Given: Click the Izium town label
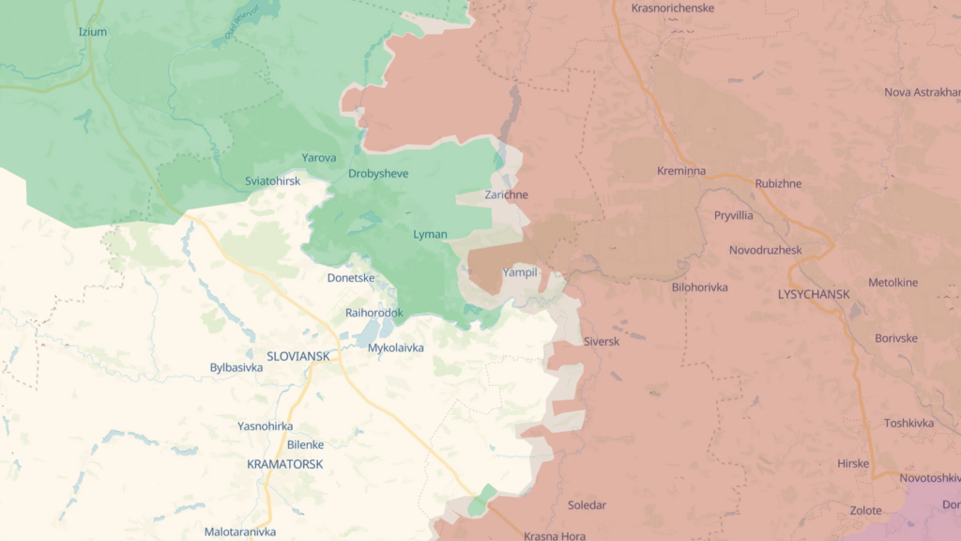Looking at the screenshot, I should [93, 32].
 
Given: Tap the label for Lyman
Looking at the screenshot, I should [430, 234].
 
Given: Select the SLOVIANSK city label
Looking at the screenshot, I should [298, 356].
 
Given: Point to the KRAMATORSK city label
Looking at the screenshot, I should [284, 464].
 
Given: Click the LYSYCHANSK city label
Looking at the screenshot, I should [814, 294].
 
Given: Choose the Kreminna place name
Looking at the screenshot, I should [681, 172].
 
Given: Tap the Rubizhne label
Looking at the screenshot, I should [778, 183].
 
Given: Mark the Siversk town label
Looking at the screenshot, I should [602, 341].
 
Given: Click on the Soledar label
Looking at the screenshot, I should [587, 505].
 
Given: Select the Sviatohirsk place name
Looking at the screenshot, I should [272, 180].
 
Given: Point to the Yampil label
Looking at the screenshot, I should [520, 271].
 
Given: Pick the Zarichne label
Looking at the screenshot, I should [506, 194].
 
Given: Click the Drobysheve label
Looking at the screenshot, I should [378, 174].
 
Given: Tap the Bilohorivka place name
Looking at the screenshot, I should [700, 287].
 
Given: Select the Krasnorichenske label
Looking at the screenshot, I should [673, 8].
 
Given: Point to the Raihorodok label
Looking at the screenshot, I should [374, 313].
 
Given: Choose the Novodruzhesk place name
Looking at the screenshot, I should [766, 250].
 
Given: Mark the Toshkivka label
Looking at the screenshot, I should [908, 423].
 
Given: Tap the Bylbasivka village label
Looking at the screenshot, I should [236, 367].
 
